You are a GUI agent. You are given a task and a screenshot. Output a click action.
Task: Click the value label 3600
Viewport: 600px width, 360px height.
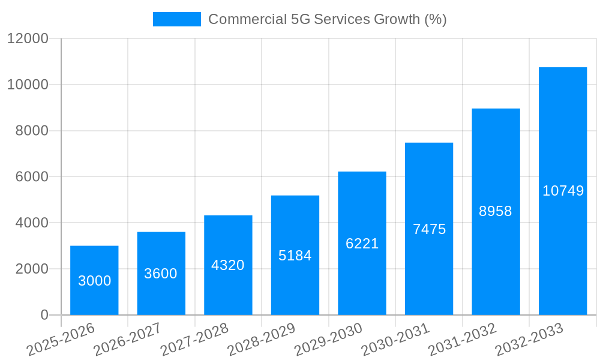point(161,274)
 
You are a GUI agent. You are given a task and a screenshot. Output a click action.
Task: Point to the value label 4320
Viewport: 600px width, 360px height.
point(228,265)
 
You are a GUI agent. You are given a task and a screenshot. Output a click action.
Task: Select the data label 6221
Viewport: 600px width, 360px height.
point(362,244)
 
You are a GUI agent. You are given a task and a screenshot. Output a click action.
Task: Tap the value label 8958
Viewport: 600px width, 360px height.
point(496,211)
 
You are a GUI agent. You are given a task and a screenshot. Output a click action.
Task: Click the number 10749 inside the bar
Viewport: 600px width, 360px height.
point(563,191)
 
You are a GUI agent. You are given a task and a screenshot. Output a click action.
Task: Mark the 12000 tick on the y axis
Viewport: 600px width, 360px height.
point(27,38)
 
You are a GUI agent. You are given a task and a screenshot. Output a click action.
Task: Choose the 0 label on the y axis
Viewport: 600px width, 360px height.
point(44,315)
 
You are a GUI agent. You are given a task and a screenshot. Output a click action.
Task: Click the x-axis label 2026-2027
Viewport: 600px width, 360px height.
point(127,340)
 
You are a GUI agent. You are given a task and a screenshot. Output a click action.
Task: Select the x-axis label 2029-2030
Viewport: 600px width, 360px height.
point(328,340)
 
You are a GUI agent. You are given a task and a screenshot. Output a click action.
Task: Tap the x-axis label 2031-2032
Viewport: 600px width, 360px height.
point(461,340)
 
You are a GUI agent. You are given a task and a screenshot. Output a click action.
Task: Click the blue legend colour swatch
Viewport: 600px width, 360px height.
point(177,19)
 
